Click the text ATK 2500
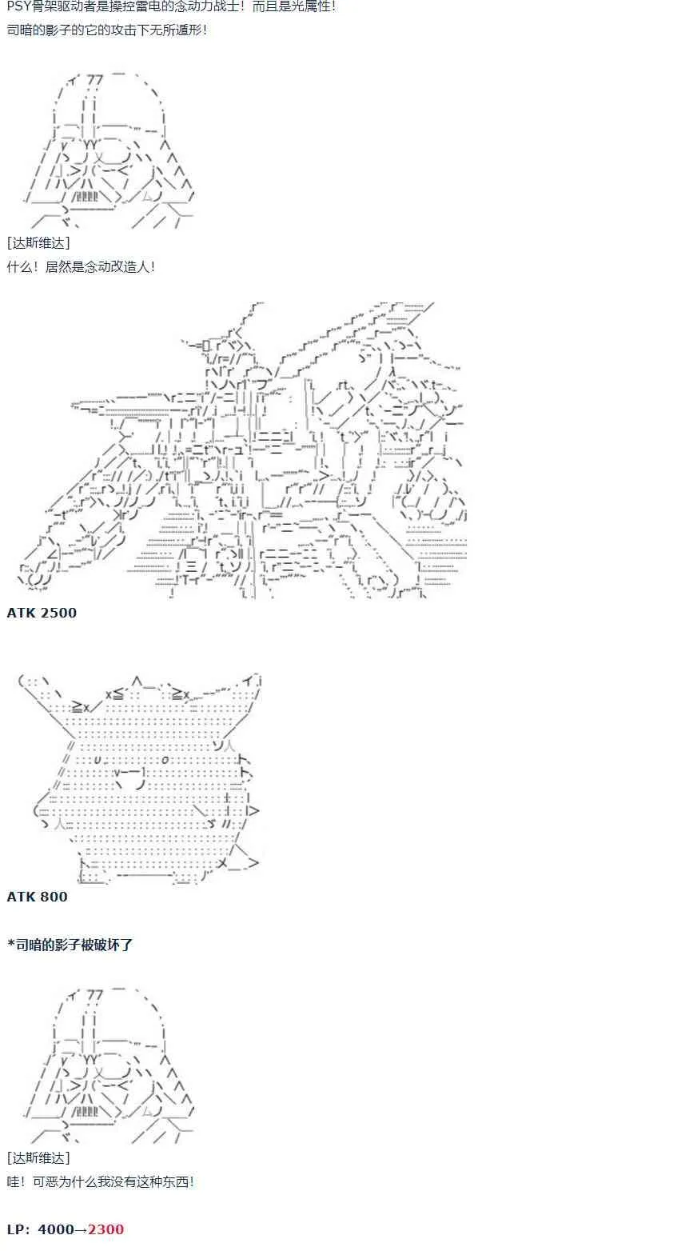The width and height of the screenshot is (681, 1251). (x=42, y=613)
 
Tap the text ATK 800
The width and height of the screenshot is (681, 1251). (x=37, y=897)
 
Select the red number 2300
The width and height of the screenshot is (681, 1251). (x=106, y=1229)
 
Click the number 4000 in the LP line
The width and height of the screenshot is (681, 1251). (x=56, y=1229)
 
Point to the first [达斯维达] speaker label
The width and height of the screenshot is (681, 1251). (x=38, y=243)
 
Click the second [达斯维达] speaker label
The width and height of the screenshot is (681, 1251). (x=38, y=1157)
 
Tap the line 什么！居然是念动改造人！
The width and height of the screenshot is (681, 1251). (x=82, y=267)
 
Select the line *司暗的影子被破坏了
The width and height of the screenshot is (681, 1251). (x=70, y=945)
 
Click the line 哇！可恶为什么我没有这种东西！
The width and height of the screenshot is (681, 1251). (x=101, y=1181)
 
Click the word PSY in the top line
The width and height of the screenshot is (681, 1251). (x=18, y=7)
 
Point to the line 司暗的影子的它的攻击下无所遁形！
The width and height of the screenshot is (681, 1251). (x=107, y=30)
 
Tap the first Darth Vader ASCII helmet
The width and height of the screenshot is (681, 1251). (x=110, y=150)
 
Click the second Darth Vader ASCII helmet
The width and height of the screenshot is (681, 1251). (x=110, y=1065)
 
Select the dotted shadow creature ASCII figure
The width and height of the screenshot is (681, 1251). (x=140, y=779)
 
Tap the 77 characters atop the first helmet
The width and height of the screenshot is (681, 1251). (x=95, y=81)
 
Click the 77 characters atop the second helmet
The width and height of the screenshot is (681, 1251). (x=95, y=995)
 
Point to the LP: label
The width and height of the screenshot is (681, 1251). (x=18, y=1229)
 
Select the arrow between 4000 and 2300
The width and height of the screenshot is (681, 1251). (x=81, y=1229)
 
